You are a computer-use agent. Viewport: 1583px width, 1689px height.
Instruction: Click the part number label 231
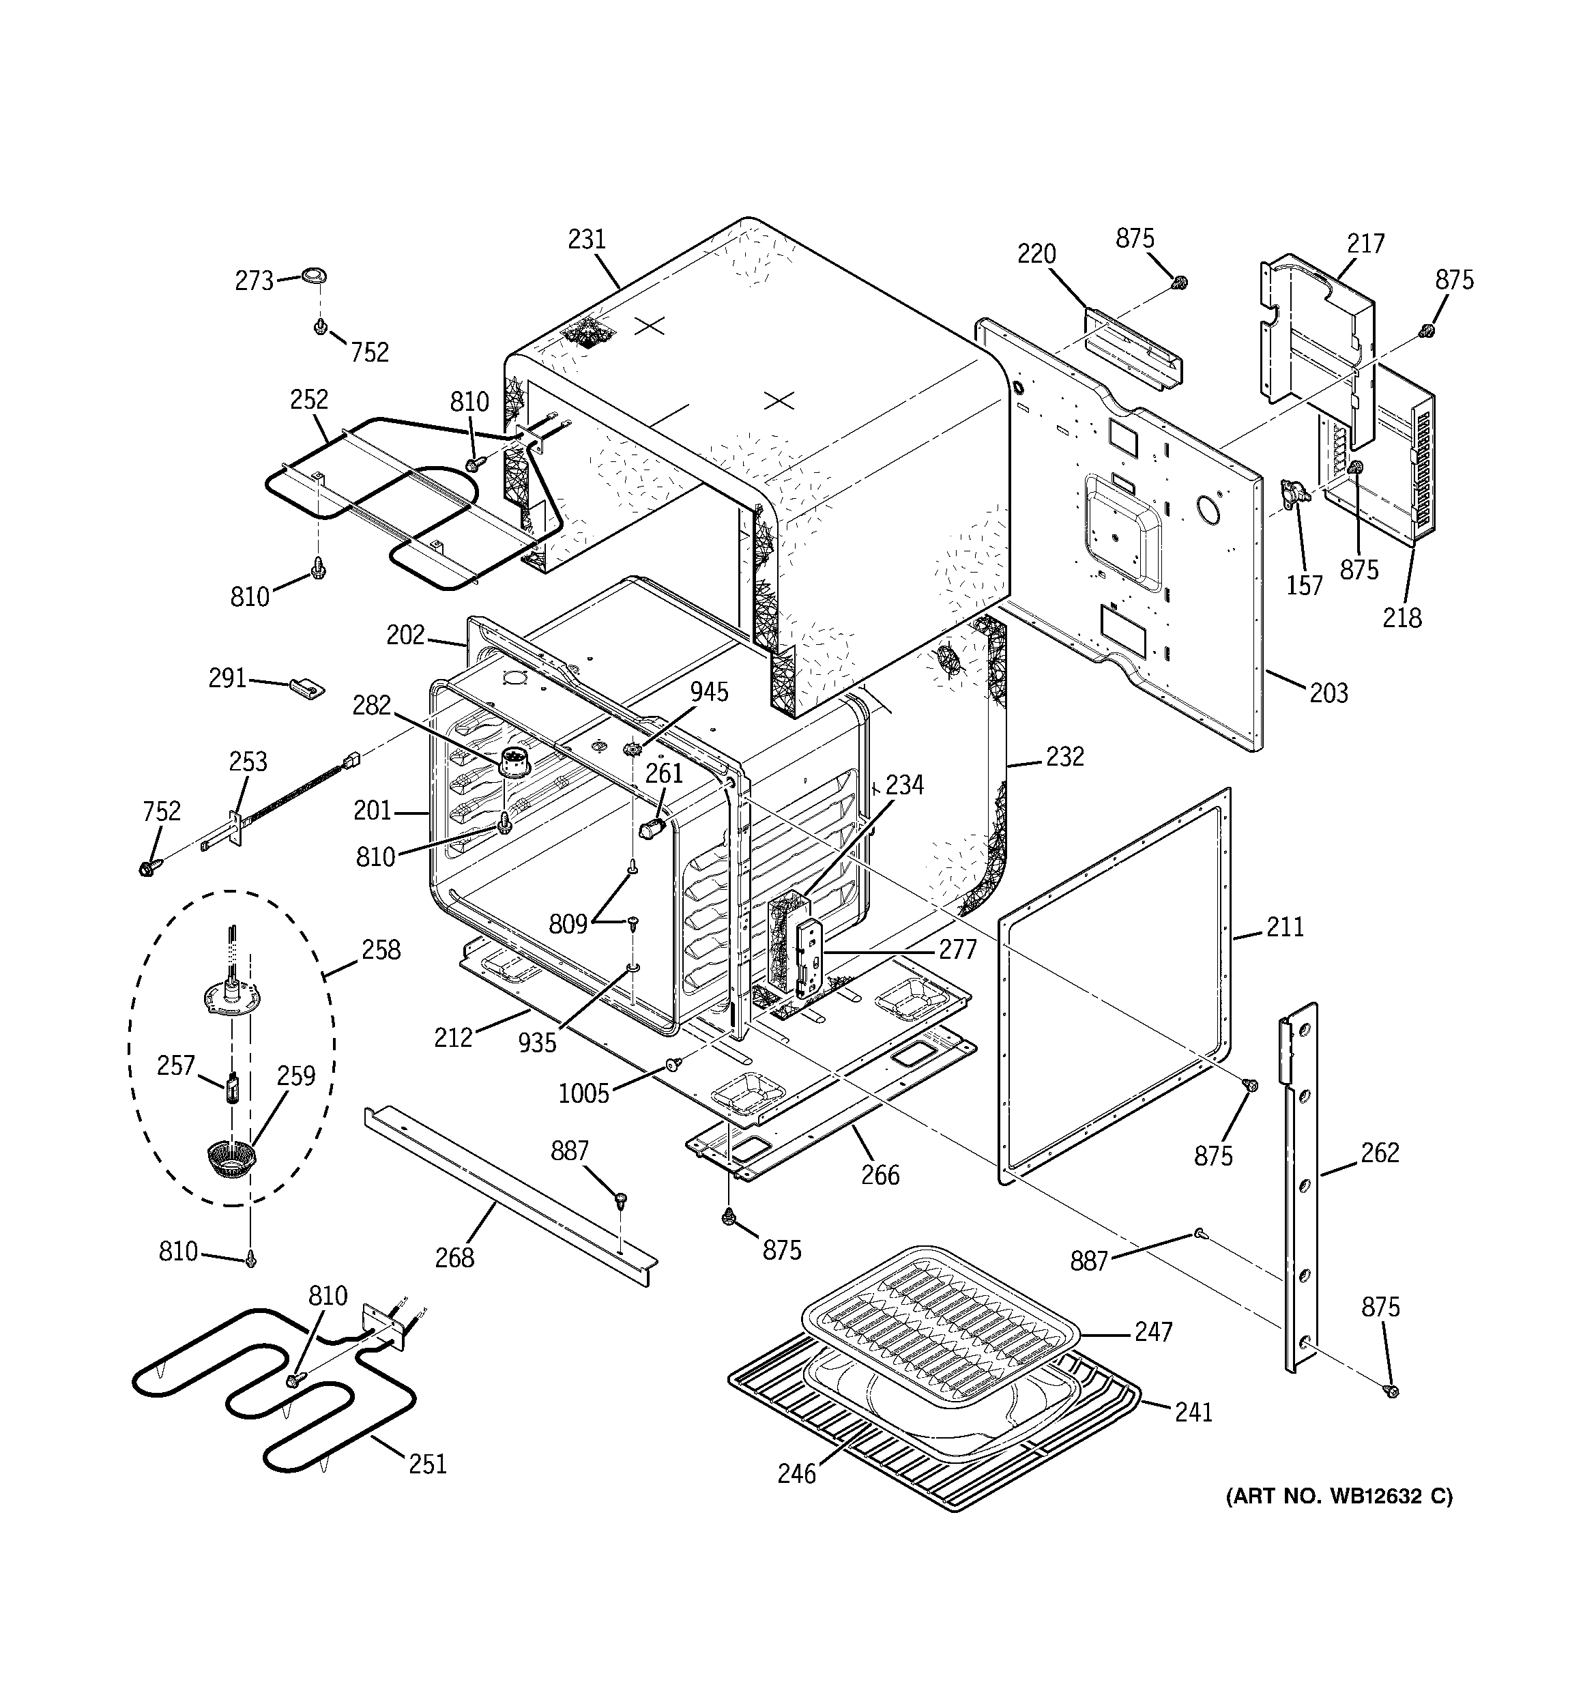(x=586, y=240)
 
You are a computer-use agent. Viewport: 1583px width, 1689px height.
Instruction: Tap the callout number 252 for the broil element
(x=308, y=399)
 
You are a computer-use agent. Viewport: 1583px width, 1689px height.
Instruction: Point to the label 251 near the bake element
(x=427, y=1464)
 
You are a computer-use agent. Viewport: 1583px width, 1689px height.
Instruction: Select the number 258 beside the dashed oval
(x=381, y=949)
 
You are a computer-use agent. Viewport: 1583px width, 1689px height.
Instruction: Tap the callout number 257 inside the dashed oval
(x=176, y=1065)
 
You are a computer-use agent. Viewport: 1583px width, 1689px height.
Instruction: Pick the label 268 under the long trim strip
(x=454, y=1258)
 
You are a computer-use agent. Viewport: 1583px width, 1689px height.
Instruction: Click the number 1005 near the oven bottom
(x=584, y=1093)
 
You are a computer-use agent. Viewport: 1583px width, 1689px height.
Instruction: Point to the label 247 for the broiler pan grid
(x=1153, y=1331)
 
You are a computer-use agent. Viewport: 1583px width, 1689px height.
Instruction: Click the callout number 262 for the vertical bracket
(x=1379, y=1152)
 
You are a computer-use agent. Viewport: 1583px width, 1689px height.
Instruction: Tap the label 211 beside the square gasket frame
(x=1285, y=926)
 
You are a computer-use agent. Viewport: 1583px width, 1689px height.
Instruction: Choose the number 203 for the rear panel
(x=1328, y=693)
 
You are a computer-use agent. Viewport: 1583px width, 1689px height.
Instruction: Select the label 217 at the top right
(x=1365, y=244)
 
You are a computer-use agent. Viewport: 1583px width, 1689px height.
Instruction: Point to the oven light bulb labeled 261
(x=652, y=828)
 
